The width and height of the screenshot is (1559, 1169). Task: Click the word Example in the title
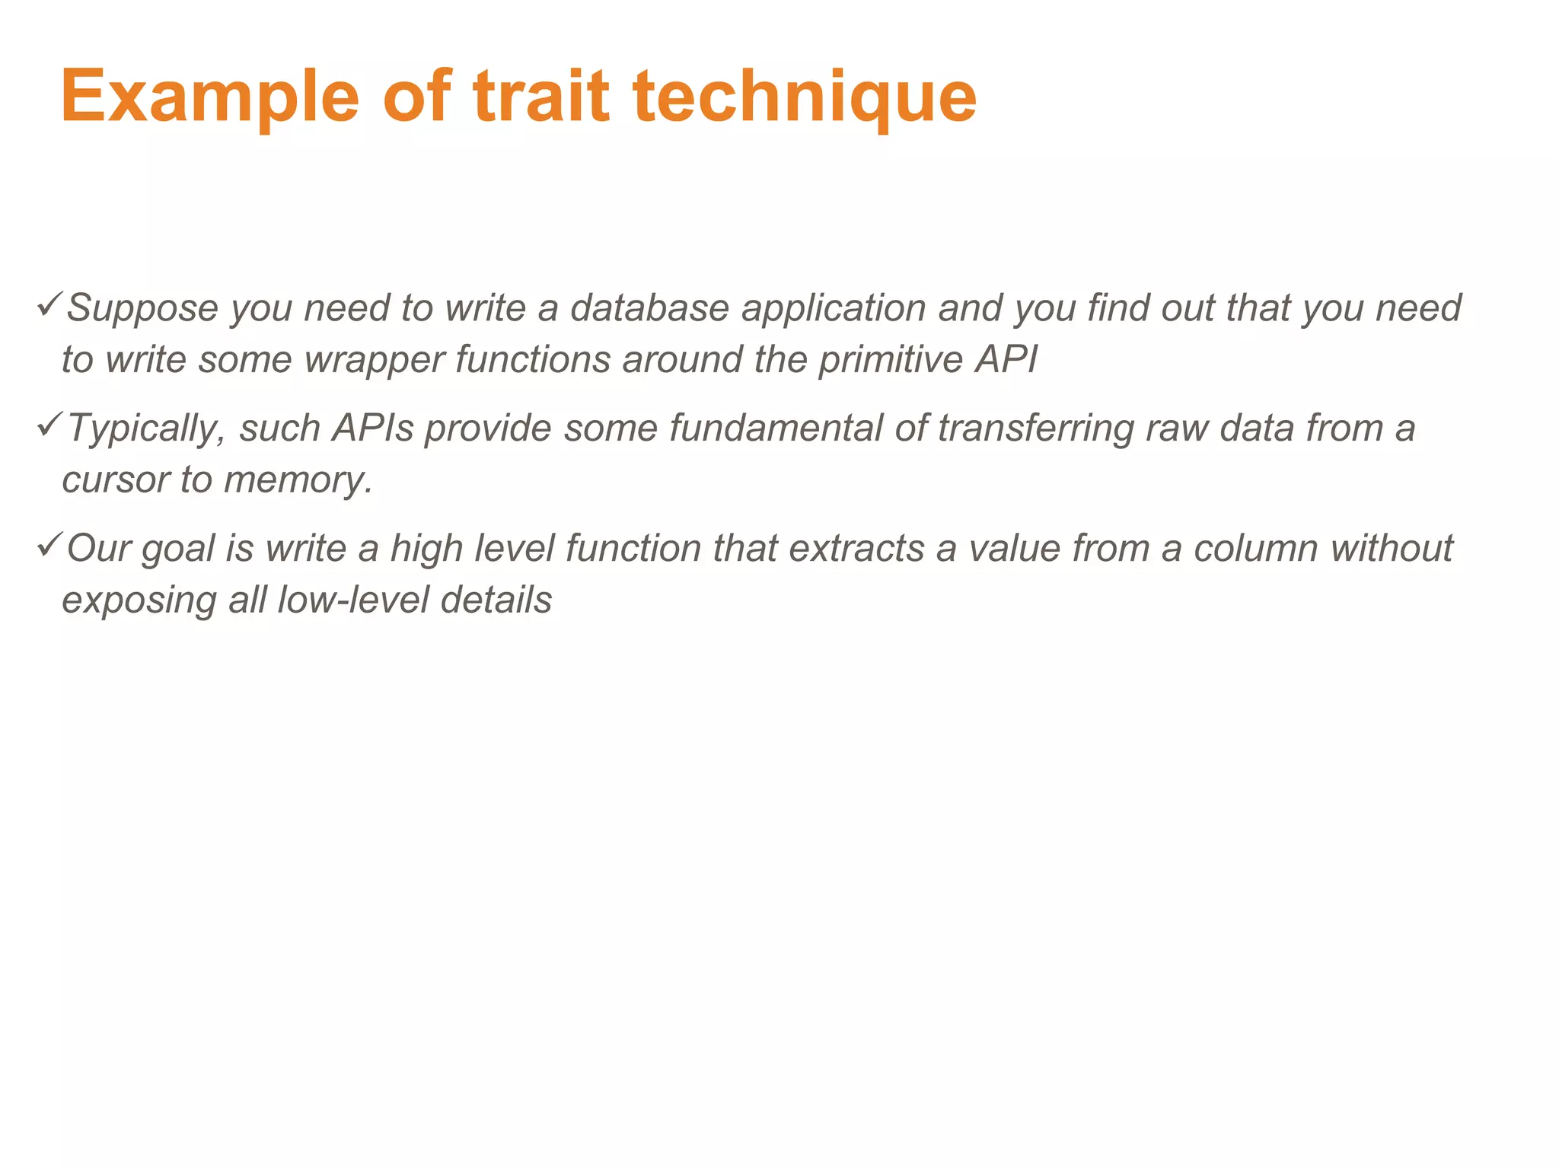[x=209, y=97]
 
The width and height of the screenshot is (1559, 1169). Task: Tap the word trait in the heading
[x=540, y=97]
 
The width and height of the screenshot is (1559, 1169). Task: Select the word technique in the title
[x=805, y=97]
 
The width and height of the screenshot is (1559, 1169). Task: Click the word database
[x=649, y=308]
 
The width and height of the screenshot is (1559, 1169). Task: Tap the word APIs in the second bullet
[x=373, y=428]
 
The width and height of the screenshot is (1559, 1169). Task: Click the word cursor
[x=116, y=480]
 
